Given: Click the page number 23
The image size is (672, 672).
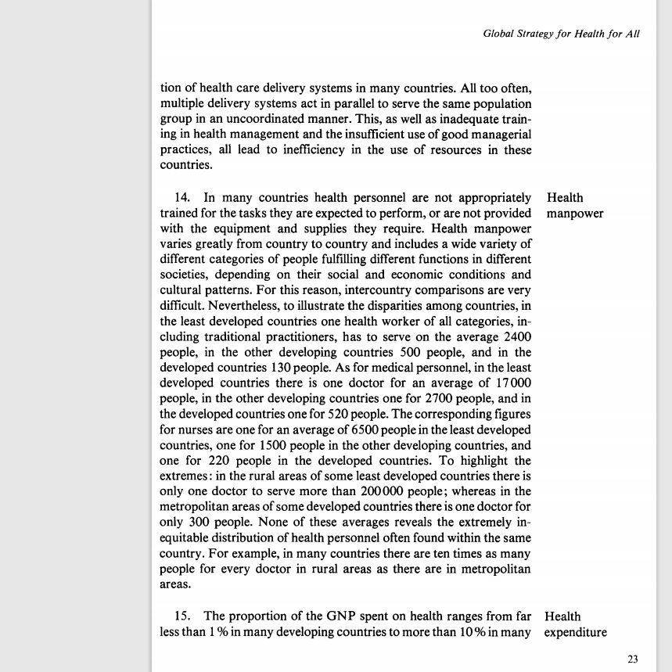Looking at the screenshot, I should (x=634, y=659).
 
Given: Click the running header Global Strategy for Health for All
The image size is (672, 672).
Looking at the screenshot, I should (x=562, y=34).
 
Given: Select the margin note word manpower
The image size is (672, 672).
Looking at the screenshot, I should (x=576, y=213).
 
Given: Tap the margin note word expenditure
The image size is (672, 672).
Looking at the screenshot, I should (x=575, y=632).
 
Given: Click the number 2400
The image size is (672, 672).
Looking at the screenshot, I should (x=515, y=336).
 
